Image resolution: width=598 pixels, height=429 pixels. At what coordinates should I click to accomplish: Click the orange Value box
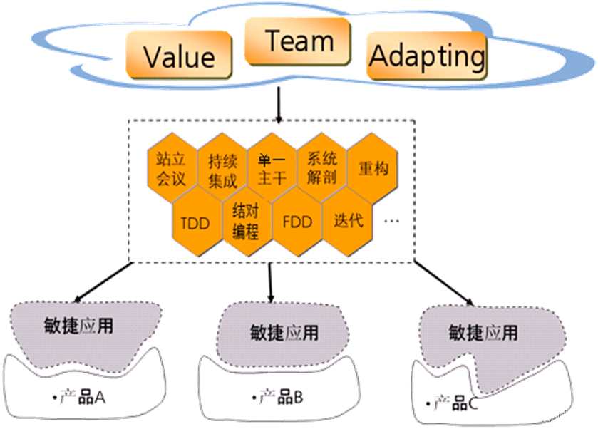pos(179,56)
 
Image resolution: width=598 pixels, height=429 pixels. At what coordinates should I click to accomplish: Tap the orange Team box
pos(297,41)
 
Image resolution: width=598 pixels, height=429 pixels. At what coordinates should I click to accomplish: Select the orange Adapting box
pos(427,56)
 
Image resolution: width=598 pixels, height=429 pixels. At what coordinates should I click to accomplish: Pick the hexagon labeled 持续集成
pos(222,169)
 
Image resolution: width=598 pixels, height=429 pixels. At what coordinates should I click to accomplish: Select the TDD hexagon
pos(195,223)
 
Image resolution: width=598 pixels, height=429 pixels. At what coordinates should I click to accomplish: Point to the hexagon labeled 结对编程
pos(245,221)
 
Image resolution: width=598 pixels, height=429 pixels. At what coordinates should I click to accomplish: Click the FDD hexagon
pos(297,222)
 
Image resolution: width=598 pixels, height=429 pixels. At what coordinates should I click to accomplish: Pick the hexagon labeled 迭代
pos(348,220)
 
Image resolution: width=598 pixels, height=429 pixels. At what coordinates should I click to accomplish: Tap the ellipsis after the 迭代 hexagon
pos(391,222)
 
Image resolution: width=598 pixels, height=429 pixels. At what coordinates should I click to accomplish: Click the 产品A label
pos(80,398)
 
